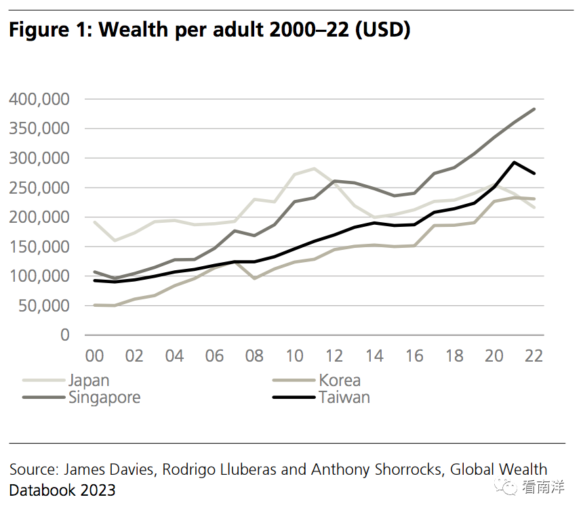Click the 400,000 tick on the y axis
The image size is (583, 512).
coord(39,99)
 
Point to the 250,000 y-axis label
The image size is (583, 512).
coord(39,188)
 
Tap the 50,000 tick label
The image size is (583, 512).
coord(44,306)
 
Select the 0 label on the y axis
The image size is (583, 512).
coord(65,335)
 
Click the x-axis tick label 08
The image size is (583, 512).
coord(254,356)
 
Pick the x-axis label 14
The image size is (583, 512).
coord(374,356)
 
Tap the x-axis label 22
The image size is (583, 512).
coord(534,356)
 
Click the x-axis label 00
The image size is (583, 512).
coord(94,356)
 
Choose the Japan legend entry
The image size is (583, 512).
coord(66,381)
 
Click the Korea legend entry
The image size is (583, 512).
coord(317,381)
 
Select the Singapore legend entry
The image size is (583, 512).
coord(81,398)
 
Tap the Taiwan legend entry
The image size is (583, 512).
coord(321,398)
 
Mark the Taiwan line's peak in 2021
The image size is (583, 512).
coord(515,163)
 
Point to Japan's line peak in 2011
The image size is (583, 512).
coord(314,169)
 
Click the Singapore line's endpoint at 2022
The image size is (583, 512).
coord(534,109)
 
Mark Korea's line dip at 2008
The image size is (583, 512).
coord(254,278)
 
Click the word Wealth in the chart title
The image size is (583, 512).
coord(134,29)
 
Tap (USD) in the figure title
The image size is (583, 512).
coord(383,30)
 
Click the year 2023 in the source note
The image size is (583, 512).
coord(98,490)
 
